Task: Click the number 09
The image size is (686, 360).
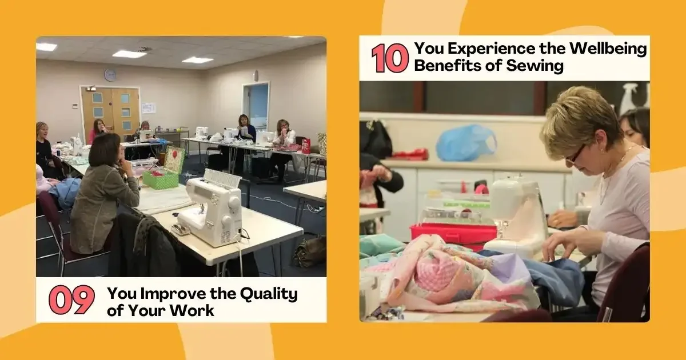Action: (x=71, y=300)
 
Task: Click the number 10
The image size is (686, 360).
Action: (x=390, y=58)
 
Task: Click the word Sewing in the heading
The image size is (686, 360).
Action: (x=535, y=66)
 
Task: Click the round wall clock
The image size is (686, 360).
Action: (x=110, y=75)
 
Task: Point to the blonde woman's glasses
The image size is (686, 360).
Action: (x=574, y=154)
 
